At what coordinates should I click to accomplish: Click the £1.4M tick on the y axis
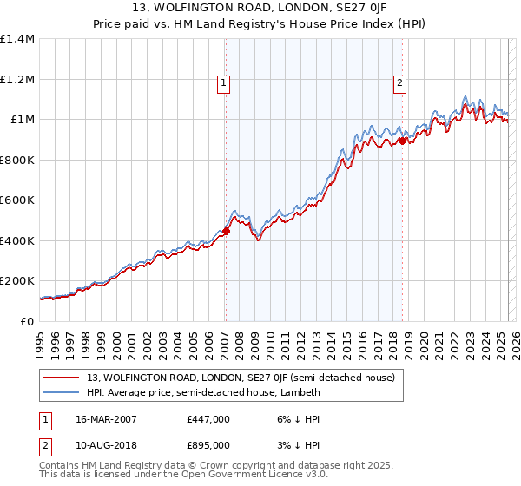tap(17, 39)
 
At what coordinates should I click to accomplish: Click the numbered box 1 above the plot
tap(224, 83)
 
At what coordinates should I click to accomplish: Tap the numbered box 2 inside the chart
tap(399, 83)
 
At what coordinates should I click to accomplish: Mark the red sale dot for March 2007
tap(226, 231)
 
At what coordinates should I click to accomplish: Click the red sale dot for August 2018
tap(402, 140)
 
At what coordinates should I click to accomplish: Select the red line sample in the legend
tap(62, 378)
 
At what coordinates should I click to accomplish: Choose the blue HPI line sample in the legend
tap(62, 392)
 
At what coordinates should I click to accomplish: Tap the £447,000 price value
tap(208, 418)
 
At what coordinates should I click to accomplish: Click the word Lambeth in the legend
tap(300, 392)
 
